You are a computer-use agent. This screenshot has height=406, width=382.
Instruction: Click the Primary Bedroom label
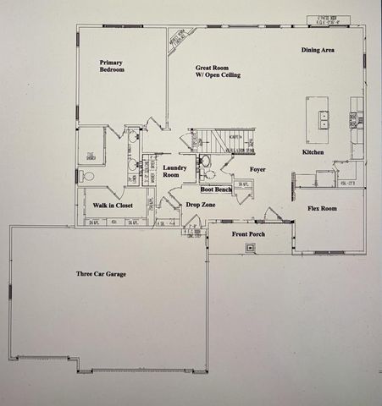112,66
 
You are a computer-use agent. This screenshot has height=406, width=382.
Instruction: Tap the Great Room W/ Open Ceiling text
218,71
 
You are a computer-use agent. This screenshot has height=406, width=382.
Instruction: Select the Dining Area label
318,51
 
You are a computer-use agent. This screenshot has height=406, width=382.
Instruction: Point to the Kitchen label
314,152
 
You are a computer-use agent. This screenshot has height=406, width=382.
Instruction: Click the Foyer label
257,169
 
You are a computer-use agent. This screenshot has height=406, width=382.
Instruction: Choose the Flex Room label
321,208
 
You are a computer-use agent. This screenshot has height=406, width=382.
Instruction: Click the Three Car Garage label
102,274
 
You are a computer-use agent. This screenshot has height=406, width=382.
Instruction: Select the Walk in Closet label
113,206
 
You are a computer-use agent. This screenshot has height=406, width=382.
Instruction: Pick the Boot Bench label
218,189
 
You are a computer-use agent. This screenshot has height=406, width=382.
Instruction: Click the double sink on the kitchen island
324,119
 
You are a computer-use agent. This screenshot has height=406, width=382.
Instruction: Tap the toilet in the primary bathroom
88,177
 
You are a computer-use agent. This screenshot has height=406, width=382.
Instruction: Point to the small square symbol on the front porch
250,248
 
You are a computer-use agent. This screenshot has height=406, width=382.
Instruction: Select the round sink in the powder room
205,161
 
